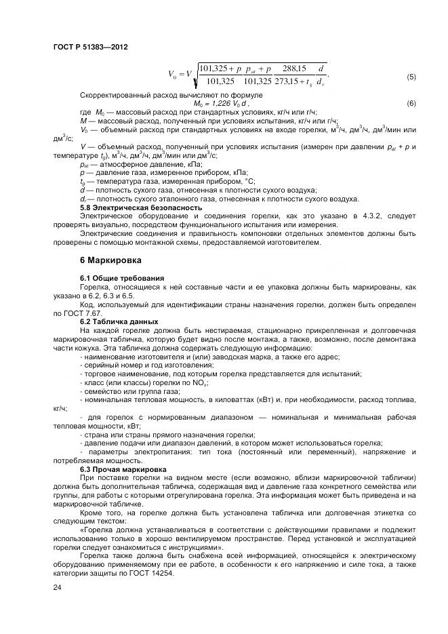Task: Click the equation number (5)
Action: pyautogui.click(x=411, y=77)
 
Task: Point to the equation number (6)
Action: pyautogui.click(x=411, y=103)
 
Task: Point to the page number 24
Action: pyautogui.click(x=57, y=587)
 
